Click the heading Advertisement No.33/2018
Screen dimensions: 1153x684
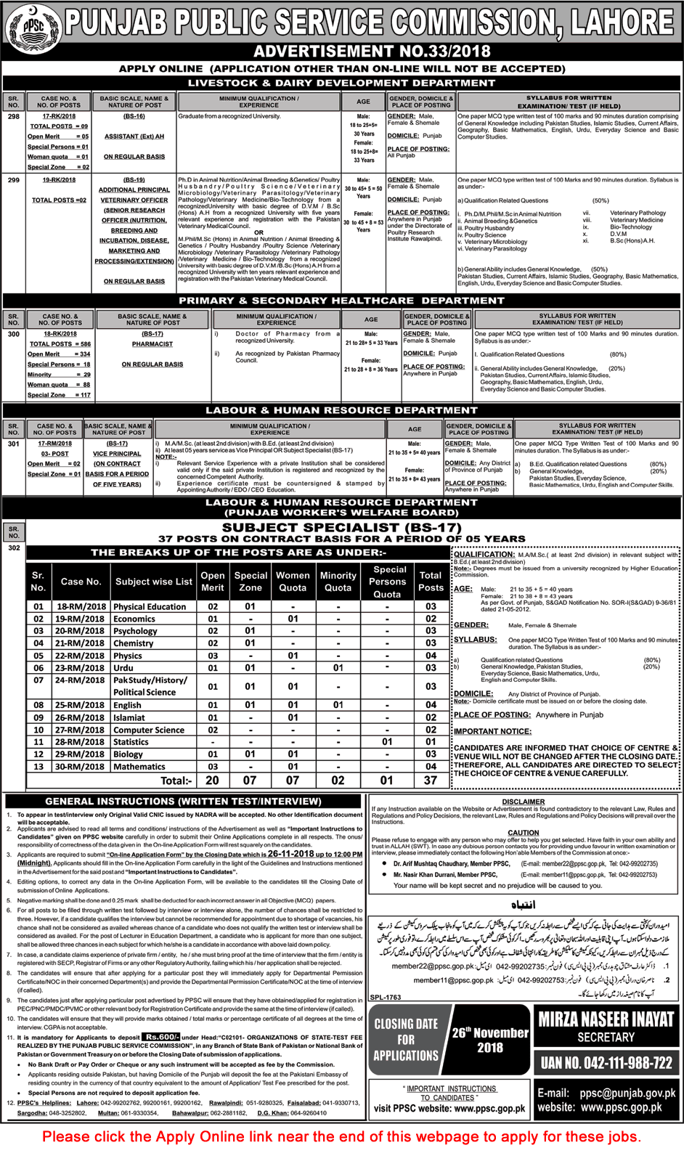point(372,52)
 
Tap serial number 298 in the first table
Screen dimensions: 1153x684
point(14,116)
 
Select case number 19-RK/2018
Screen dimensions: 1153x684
point(59,180)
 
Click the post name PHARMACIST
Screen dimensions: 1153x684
point(152,344)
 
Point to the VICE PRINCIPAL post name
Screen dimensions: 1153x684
point(117,454)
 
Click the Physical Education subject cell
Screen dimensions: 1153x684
point(150,607)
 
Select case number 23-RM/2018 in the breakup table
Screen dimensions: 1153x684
point(81,668)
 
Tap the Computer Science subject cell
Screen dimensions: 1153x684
point(149,730)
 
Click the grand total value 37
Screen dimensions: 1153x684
point(431,781)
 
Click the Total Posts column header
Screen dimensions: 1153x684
point(431,581)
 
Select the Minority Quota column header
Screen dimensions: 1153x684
point(338,581)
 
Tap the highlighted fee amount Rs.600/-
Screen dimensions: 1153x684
point(160,1037)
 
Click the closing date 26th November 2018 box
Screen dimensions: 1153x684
point(490,1040)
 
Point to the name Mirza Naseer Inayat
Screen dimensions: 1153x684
point(606,1020)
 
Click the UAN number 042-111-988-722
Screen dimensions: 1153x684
point(606,1063)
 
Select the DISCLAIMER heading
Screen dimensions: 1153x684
point(523,802)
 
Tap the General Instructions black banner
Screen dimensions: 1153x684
point(183,802)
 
